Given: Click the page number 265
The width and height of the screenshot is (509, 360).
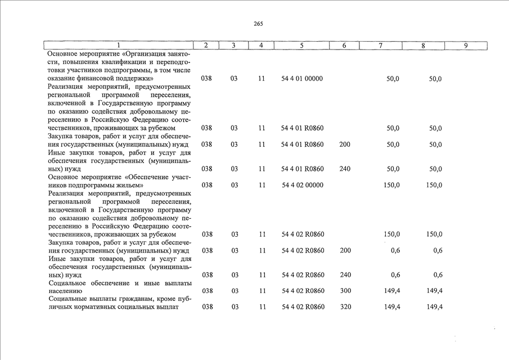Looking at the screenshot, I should (258, 24).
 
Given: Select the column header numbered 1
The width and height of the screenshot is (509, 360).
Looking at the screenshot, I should (118, 46).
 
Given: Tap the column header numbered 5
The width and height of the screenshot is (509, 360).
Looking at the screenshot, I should (302, 46).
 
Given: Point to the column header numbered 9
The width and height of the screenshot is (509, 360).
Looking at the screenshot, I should (466, 46).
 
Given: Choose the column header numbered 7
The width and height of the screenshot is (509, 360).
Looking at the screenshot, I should (381, 46).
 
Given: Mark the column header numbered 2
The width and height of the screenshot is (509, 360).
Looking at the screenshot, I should (206, 46).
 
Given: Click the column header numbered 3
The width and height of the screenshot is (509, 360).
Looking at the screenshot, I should (233, 46).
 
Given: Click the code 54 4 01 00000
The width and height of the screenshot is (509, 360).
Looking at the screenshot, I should (302, 79).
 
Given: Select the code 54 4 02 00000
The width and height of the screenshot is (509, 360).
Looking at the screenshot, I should (302, 184).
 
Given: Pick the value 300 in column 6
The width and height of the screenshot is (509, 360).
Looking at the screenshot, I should (345, 291).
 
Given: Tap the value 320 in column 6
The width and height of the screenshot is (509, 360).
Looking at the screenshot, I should (345, 307).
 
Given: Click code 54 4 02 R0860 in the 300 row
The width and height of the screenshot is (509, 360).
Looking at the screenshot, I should (302, 291).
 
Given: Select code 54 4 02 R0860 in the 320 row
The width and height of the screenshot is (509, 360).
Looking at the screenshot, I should (302, 307).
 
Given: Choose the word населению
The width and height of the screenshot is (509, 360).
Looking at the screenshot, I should (66, 291).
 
